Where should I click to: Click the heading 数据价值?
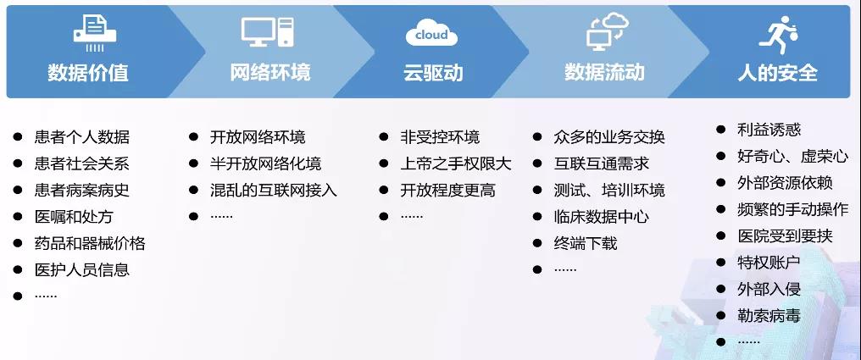click(88, 73)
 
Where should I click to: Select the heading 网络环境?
click(270, 72)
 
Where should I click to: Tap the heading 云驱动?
click(433, 73)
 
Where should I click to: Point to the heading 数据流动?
click(604, 72)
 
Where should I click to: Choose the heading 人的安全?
click(778, 73)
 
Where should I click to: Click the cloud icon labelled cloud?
click(431, 33)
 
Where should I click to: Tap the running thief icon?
click(778, 32)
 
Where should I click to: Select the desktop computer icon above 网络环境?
click(268, 32)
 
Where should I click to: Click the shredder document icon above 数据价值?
click(95, 34)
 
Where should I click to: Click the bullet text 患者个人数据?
click(82, 136)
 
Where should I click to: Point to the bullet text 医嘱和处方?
click(74, 217)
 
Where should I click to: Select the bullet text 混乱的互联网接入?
click(274, 190)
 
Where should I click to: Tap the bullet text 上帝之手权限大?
click(456, 163)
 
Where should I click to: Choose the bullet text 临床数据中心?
click(602, 216)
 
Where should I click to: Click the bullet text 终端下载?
click(586, 243)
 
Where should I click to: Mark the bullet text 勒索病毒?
click(769, 316)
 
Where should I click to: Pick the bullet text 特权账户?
click(769, 263)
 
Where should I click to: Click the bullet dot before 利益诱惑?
click(721, 130)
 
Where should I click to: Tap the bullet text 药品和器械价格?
click(90, 243)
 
